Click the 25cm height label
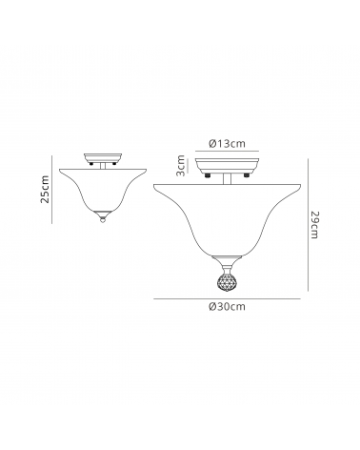[x=46, y=189]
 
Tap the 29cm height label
[x=313, y=224]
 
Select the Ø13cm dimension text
[x=227, y=144]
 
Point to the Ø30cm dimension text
[x=227, y=307]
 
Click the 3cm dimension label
[x=180, y=166]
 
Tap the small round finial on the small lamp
[x=103, y=219]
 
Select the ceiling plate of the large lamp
[x=227, y=166]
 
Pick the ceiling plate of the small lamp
[x=103, y=158]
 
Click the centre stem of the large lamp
[x=227, y=179]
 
